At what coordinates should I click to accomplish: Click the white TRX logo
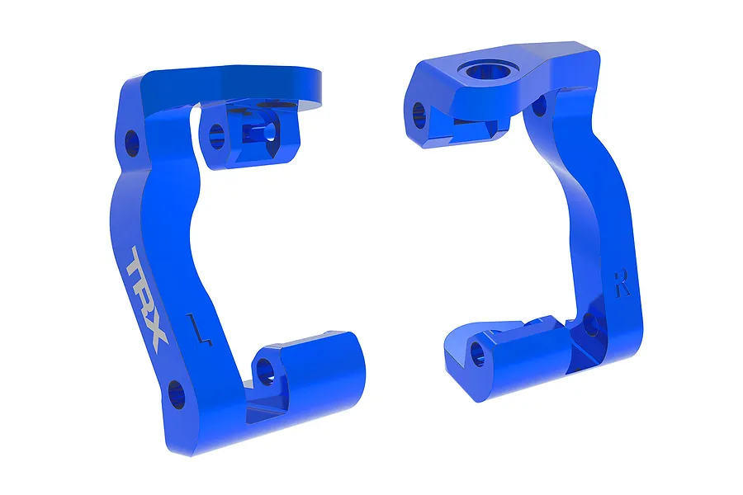[147, 294]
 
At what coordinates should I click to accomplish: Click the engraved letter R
[622, 283]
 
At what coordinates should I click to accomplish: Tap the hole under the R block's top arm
[540, 106]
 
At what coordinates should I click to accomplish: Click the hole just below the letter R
[591, 324]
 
